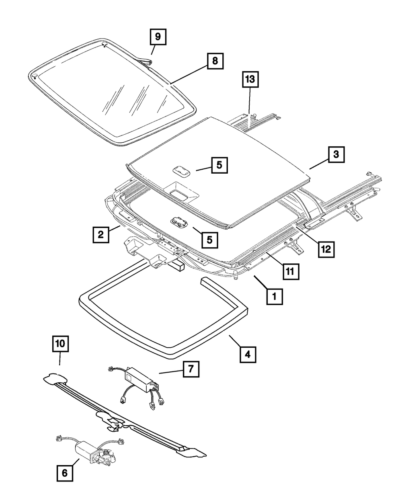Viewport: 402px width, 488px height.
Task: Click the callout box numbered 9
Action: (158, 37)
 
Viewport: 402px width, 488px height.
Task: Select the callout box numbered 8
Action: (215, 61)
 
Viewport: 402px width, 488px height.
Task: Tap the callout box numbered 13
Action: (250, 80)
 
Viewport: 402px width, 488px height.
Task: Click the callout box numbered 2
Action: (100, 234)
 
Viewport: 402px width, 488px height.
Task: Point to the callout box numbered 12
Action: (325, 249)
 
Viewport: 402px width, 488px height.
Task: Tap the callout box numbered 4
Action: (248, 354)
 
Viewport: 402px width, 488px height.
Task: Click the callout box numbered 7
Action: (191, 369)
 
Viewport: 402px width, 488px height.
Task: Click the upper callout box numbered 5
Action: (219, 164)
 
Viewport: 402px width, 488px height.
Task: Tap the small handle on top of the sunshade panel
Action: (181, 170)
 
